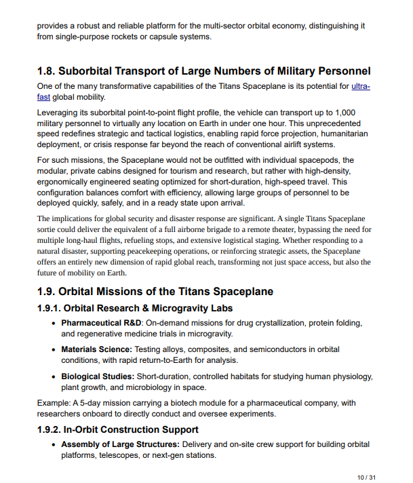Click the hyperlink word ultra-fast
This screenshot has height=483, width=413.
pyautogui.click(x=360, y=86)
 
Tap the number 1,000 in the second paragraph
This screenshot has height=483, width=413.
pyautogui.click(x=346, y=111)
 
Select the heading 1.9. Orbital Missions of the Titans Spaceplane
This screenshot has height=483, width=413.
pyautogui.click(x=155, y=292)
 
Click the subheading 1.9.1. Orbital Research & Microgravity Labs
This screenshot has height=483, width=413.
pyautogui.click(x=134, y=308)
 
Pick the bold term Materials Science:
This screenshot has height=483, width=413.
pyautogui.click(x=97, y=349)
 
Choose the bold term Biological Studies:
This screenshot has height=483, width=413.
pyautogui.click(x=98, y=376)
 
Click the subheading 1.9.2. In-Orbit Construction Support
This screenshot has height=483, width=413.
pyautogui.click(x=118, y=429)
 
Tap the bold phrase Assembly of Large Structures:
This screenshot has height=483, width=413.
pyautogui.click(x=120, y=444)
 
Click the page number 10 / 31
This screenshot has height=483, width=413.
pyautogui.click(x=366, y=478)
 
